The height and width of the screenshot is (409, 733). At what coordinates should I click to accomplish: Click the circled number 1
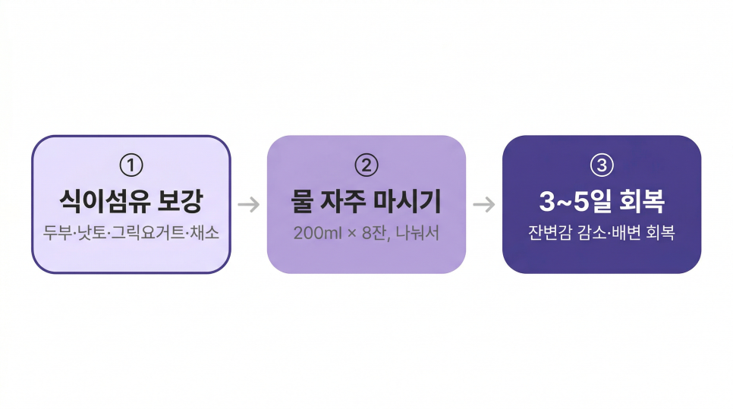coord(131,165)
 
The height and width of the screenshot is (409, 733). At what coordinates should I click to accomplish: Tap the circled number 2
coord(366,165)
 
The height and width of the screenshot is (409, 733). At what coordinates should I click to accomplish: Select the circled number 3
coord(602,165)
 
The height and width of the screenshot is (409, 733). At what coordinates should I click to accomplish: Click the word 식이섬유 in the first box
coord(105,201)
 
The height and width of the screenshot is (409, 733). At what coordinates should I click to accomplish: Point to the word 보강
coord(181,201)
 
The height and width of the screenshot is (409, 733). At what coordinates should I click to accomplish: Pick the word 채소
coord(204,232)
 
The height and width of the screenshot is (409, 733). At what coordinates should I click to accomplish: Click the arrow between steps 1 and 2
coord(249,204)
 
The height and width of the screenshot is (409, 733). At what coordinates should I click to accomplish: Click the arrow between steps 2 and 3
coord(484,204)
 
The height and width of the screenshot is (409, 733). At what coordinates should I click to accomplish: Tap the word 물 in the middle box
coord(302,201)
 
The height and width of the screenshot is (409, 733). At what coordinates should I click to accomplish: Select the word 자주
coord(343,201)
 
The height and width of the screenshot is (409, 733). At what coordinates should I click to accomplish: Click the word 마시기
coord(407,201)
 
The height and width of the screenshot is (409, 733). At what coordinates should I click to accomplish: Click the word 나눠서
coord(417,233)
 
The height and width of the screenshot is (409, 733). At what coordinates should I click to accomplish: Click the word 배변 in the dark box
coord(627,232)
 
